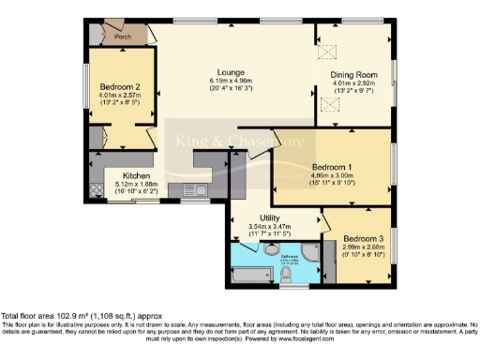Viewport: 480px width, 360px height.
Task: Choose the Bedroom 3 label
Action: [x=362, y=238]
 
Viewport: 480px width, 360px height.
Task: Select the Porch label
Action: [x=122, y=37]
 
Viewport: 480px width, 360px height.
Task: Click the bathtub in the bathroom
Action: [x=250, y=274]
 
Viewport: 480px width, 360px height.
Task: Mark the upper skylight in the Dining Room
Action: [x=329, y=52]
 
